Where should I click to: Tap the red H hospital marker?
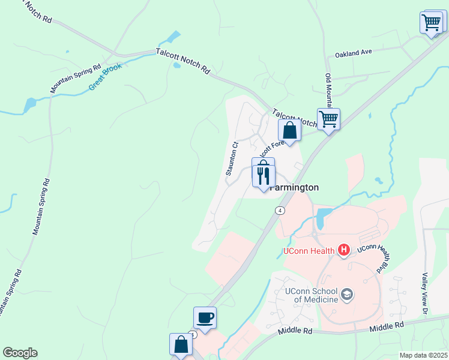tap(344, 249)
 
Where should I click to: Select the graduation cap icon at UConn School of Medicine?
tap(346, 294)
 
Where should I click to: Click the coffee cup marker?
tap(205, 318)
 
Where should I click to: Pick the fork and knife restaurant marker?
tap(263, 174)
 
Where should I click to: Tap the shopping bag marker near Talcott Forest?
tap(289, 130)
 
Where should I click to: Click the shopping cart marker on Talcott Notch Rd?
tap(328, 119)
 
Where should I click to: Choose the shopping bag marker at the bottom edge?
tap(181, 345)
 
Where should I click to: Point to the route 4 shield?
tap(280, 210)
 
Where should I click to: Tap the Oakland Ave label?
tap(354, 53)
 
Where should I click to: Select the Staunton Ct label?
tap(232, 158)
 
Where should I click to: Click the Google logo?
tap(20, 353)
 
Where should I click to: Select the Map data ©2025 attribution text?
tap(423, 355)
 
